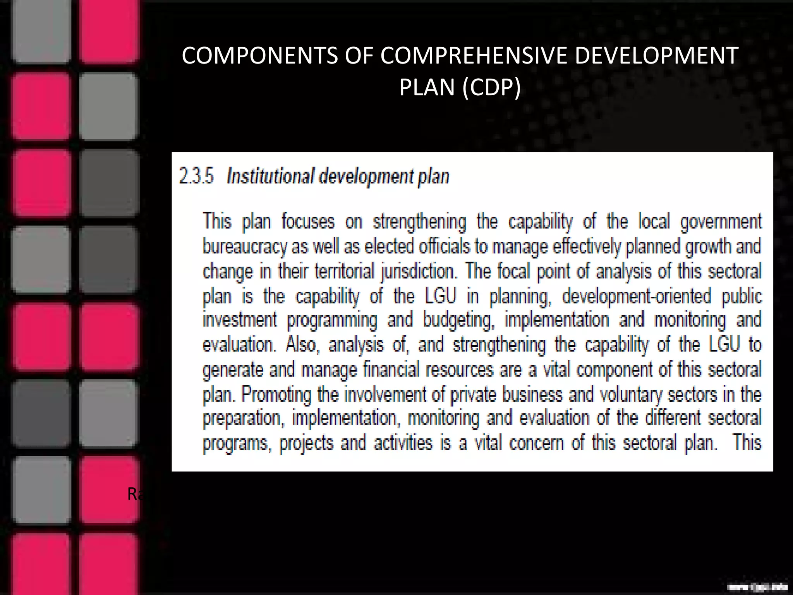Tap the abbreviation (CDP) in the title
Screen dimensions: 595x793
(491, 88)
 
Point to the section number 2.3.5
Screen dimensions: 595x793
(196, 176)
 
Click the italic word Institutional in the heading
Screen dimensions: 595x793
(270, 176)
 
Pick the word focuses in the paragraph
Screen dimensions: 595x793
(308, 222)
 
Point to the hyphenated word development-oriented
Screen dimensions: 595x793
(637, 296)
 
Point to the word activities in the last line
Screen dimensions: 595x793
(403, 443)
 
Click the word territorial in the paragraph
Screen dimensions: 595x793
(344, 271)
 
